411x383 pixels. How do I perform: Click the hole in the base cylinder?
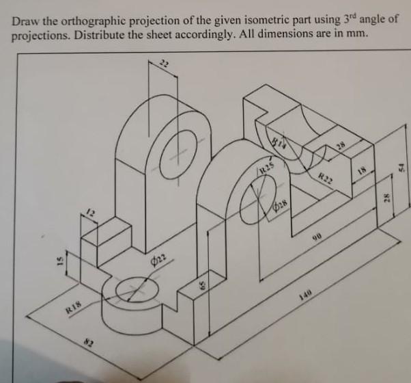coord(128,291)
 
